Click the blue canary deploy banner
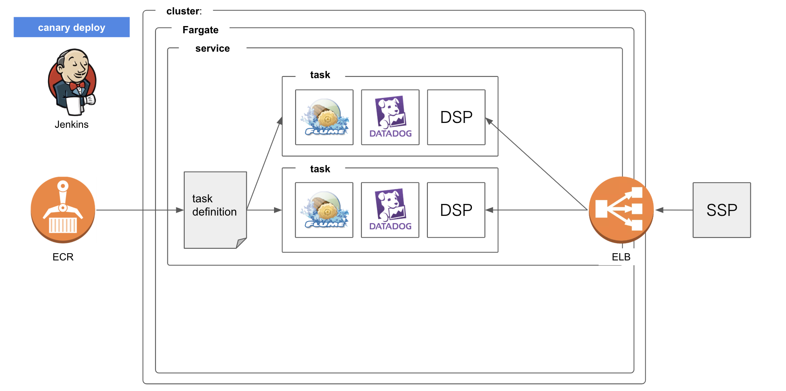[71, 27]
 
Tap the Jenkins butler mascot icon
[72, 82]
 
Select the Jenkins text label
[71, 125]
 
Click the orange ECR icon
[63, 210]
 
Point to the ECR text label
[63, 257]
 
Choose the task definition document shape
[215, 210]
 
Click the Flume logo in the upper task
[324, 117]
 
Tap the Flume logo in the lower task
[324, 210]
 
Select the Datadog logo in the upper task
[390, 117]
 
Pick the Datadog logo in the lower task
[390, 210]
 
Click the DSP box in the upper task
[456, 117]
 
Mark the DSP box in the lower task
[456, 210]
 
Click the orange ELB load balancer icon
[621, 210]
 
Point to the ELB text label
[621, 257]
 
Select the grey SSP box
[722, 210]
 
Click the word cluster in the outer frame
[183, 11]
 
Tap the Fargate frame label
[200, 30]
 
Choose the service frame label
[212, 48]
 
